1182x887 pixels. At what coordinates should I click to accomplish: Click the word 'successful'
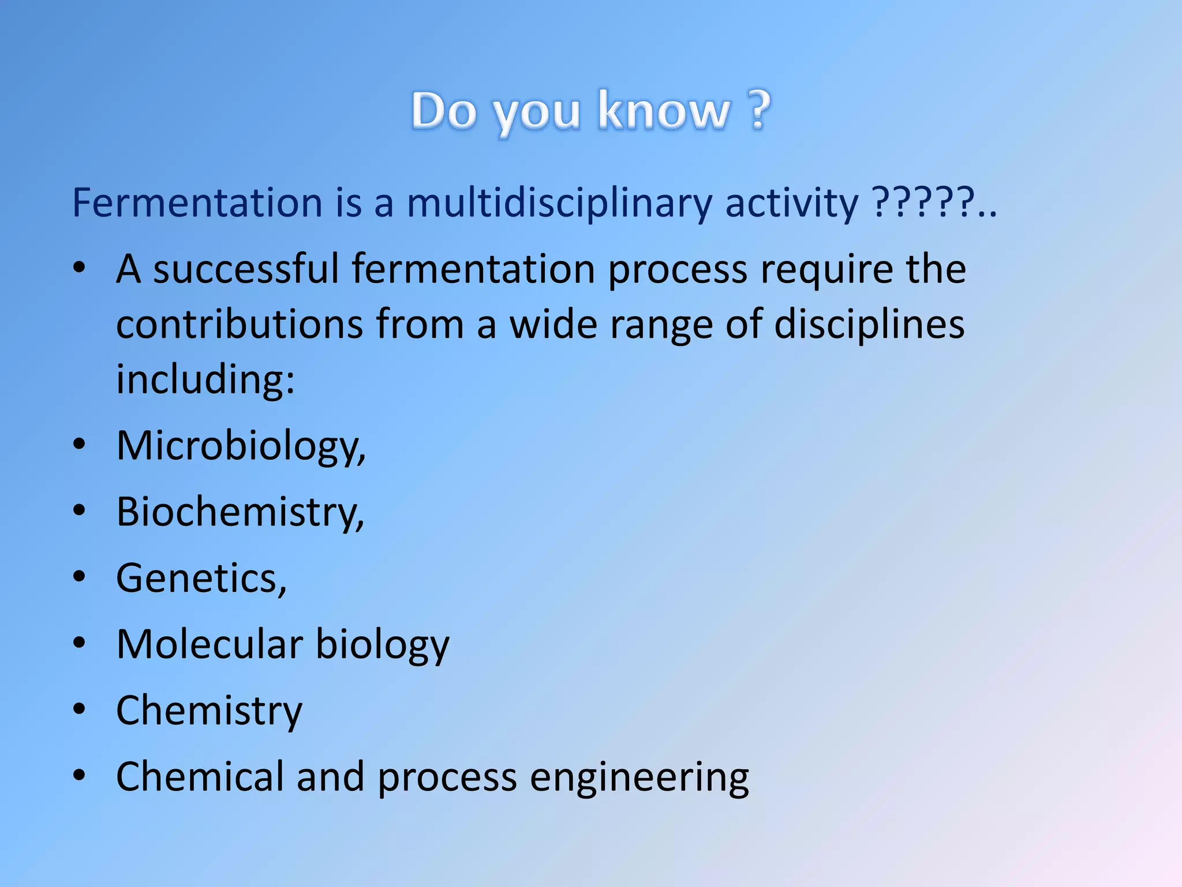[x=246, y=269]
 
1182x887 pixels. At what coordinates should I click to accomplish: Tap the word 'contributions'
[x=240, y=324]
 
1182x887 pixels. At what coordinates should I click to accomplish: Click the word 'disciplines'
[x=869, y=324]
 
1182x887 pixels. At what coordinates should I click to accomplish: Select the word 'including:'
[x=205, y=379]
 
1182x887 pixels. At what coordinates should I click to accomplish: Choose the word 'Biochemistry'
[x=240, y=512]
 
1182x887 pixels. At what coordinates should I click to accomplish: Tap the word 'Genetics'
[x=201, y=578]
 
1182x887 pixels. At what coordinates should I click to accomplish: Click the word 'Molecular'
[x=210, y=644]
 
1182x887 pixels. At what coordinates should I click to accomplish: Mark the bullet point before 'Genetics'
[x=80, y=576]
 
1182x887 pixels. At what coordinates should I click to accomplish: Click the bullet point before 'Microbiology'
[x=80, y=444]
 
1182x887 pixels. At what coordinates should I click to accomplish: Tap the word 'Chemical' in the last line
[x=200, y=777]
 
